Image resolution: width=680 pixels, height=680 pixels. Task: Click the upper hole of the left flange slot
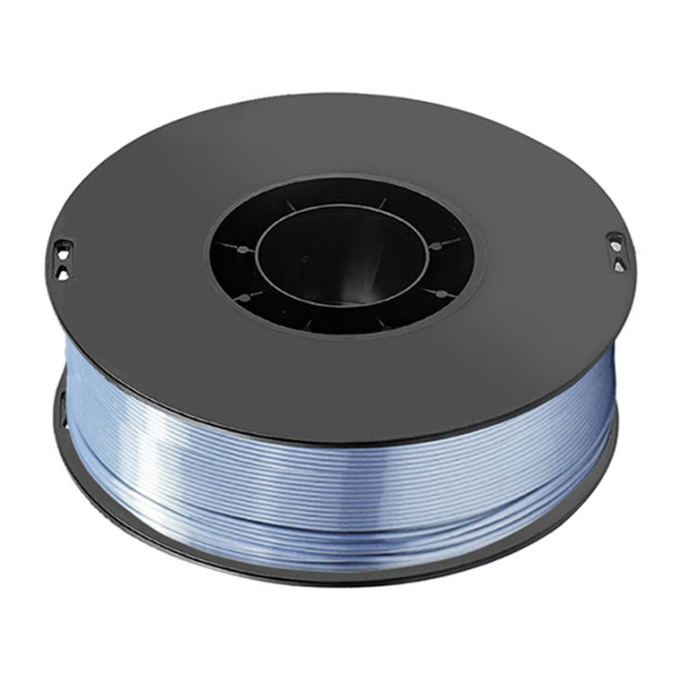point(62,249)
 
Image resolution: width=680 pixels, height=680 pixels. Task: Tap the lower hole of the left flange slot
point(63,267)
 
